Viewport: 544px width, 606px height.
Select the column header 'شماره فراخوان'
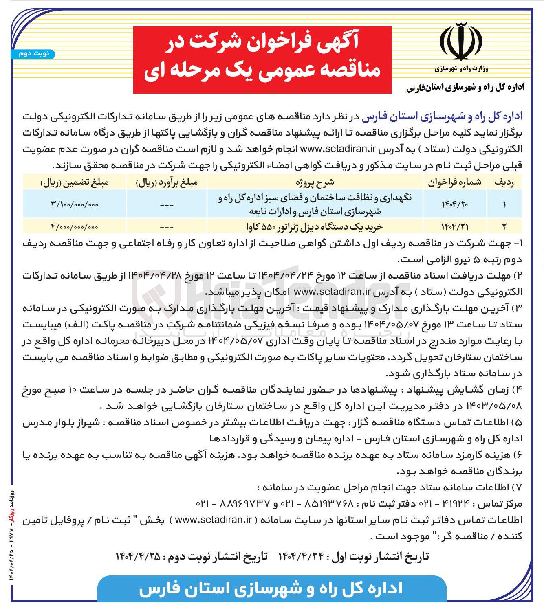tap(454, 182)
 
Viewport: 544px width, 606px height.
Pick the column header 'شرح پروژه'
tap(315, 182)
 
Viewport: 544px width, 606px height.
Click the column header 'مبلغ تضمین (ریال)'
tap(75, 182)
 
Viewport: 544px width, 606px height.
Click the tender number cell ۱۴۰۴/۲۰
tap(454, 204)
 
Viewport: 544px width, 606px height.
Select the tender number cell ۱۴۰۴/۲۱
tap(454, 226)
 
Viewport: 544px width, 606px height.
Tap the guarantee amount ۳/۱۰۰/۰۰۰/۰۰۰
tap(75, 204)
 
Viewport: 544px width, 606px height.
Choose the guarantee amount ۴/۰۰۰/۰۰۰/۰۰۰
tap(75, 226)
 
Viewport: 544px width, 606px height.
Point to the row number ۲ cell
tap(504, 226)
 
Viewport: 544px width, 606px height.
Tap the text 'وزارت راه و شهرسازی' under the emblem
tap(461, 69)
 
